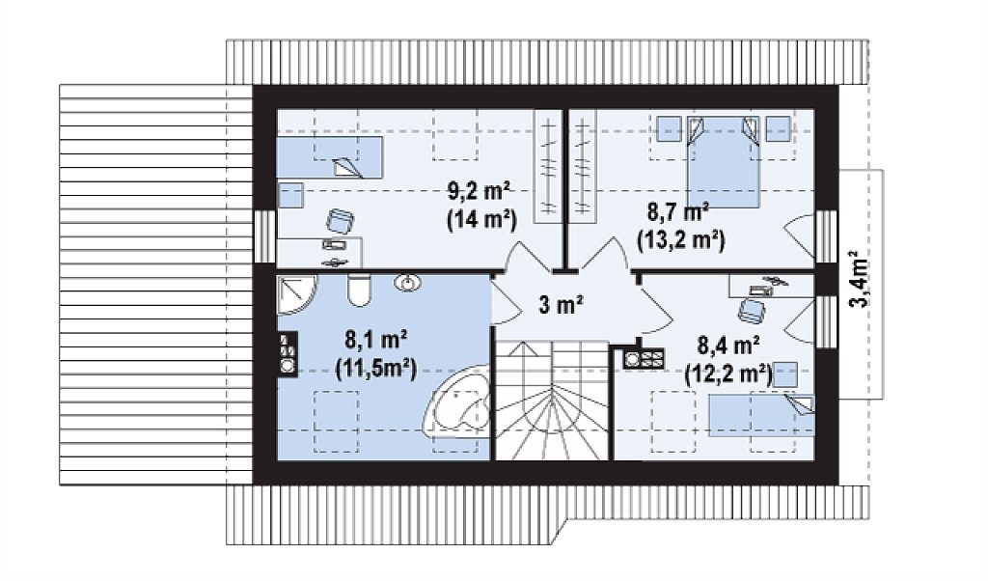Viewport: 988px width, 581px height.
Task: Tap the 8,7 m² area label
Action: (678, 211)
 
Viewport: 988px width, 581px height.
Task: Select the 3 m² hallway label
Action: (561, 305)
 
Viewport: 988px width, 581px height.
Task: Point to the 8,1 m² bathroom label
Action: (375, 341)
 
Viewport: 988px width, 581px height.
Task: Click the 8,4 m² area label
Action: (727, 346)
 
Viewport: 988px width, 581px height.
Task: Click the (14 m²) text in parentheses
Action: (481, 220)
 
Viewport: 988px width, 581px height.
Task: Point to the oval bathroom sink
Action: (408, 283)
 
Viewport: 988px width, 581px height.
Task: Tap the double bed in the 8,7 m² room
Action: (723, 161)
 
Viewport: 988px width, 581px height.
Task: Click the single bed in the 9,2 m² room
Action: (330, 157)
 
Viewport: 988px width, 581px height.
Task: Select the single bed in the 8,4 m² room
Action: (762, 415)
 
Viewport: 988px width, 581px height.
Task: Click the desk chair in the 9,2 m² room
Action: (341, 222)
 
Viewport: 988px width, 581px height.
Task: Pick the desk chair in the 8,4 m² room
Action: (752, 310)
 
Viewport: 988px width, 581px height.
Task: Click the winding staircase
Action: (553, 401)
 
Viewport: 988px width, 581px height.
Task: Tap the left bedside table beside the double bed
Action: (669, 128)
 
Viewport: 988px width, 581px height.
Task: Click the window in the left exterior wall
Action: (265, 235)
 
